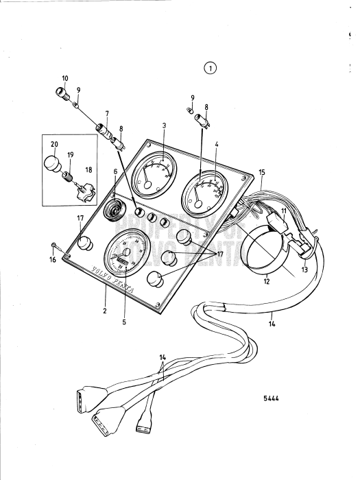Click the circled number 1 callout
(210, 67)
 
